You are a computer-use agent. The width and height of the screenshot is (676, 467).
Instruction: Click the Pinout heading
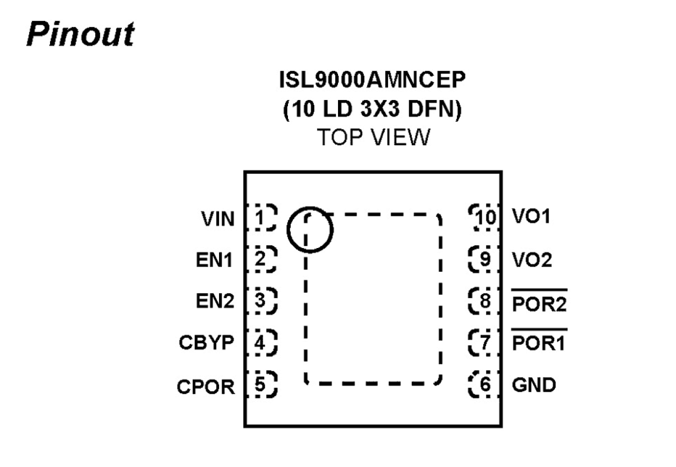pyautogui.click(x=81, y=36)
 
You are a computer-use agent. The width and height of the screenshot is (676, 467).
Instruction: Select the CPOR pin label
pyautogui.click(x=206, y=386)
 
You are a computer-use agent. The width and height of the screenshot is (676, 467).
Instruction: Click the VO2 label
pyautogui.click(x=532, y=260)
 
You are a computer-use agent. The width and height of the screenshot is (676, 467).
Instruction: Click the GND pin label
pyautogui.click(x=534, y=385)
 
